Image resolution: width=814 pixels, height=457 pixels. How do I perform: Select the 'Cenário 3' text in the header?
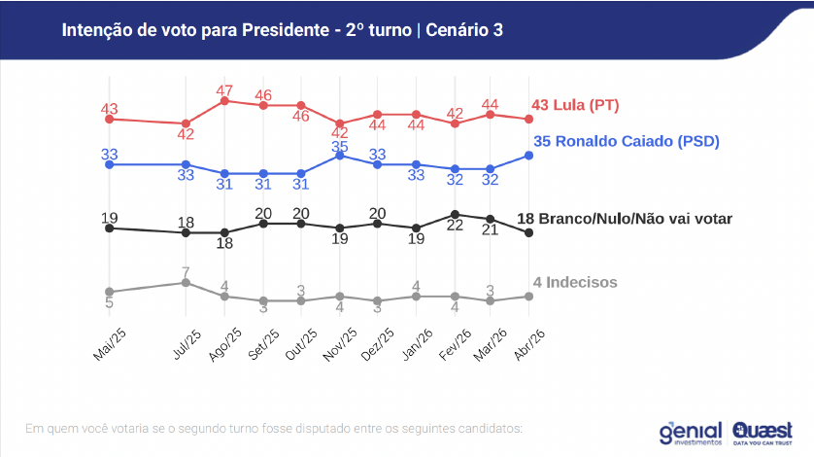click(x=463, y=30)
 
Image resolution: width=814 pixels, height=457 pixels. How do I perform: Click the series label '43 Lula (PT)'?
click(x=575, y=105)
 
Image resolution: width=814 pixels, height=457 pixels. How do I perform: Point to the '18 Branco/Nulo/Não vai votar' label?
click(x=625, y=219)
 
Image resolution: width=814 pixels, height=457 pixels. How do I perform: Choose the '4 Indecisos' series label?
click(x=575, y=282)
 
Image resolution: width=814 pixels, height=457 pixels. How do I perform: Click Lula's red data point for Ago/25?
click(x=224, y=100)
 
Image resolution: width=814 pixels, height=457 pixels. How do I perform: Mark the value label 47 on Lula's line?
click(x=224, y=90)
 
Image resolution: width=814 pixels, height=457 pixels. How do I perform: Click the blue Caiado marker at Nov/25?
click(x=339, y=156)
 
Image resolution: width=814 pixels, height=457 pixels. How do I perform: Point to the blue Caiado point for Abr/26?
click(x=528, y=156)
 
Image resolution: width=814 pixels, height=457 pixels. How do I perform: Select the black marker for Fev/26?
click(x=454, y=214)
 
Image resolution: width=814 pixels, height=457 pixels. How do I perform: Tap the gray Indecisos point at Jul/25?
click(x=186, y=282)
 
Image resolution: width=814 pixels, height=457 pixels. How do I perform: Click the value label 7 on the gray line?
click(x=186, y=270)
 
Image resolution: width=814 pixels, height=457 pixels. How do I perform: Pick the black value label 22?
click(x=454, y=226)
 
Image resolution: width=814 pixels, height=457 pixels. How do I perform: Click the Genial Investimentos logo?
click(x=691, y=431)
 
